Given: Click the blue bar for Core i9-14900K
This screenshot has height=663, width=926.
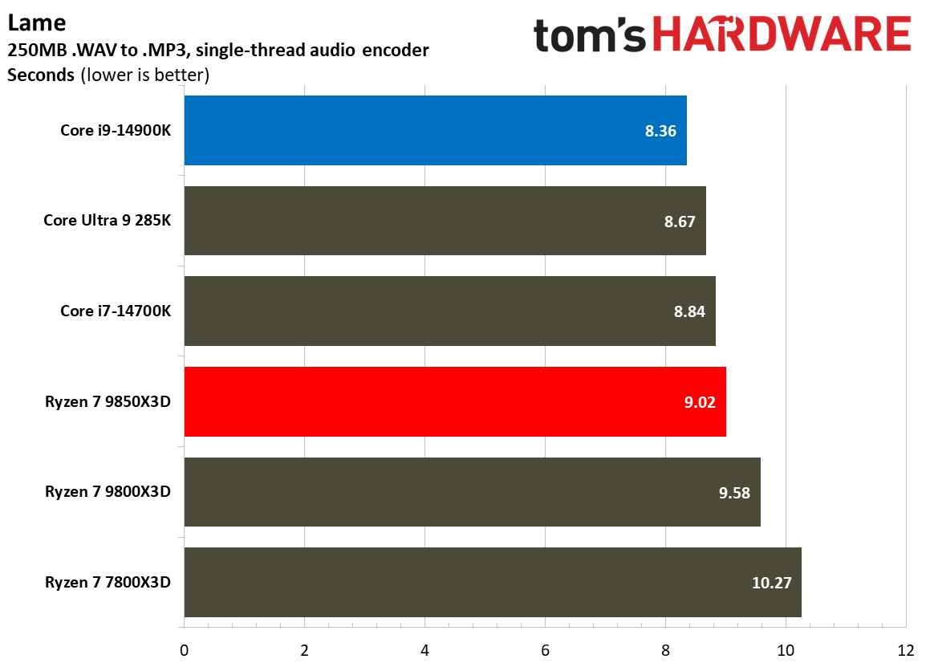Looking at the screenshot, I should point(433,130).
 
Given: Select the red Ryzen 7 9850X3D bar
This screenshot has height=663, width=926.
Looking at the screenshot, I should point(453,401).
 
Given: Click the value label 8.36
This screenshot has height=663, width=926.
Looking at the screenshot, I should point(660,131).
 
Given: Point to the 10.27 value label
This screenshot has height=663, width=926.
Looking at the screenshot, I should point(771,583).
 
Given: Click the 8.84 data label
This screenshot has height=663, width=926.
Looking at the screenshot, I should point(689,311).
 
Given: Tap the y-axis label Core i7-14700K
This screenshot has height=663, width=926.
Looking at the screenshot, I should point(116,311).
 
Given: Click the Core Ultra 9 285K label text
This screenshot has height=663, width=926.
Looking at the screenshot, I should point(107,221).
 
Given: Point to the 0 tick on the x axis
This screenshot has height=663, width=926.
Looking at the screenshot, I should point(185,649).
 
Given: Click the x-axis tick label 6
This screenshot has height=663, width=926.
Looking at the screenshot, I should point(545,649).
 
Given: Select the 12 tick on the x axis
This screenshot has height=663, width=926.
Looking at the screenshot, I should point(905,649).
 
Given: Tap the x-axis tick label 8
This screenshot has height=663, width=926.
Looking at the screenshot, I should point(665,649).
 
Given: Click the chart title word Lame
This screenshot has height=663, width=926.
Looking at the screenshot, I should point(26,22).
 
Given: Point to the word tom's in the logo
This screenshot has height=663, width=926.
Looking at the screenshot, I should point(590,37).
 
